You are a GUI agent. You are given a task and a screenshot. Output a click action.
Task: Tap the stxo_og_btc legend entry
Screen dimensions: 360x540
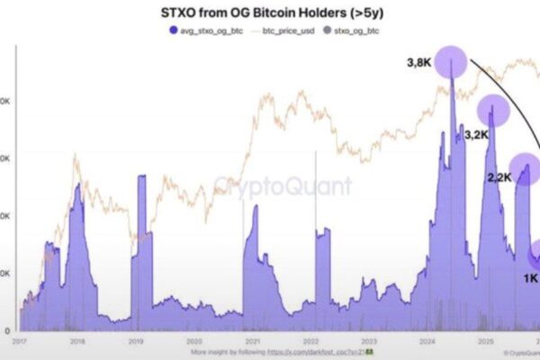pos(357,31)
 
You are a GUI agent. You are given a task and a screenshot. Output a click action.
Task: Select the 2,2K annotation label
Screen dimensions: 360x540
pos(498,177)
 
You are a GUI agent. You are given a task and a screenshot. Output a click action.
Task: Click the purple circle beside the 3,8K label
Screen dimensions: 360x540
pos(452,65)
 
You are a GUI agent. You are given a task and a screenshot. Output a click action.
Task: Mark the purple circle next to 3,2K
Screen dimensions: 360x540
pos(492,111)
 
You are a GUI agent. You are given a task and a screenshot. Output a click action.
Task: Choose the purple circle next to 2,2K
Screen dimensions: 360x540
pos(525,167)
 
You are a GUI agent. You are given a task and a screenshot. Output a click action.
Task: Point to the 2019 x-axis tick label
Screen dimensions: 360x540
pos(136,342)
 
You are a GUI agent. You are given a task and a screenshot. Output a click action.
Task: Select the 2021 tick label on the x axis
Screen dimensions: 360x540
pos(252,342)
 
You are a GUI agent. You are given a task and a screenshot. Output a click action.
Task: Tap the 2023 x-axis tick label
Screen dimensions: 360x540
pos(368,342)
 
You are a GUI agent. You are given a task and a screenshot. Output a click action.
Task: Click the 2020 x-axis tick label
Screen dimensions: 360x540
pos(193,342)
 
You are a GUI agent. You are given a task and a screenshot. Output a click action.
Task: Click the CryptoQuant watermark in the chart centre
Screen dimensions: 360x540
pos(270,187)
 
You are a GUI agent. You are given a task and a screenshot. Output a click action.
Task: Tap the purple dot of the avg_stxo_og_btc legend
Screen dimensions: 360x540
pos(173,31)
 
